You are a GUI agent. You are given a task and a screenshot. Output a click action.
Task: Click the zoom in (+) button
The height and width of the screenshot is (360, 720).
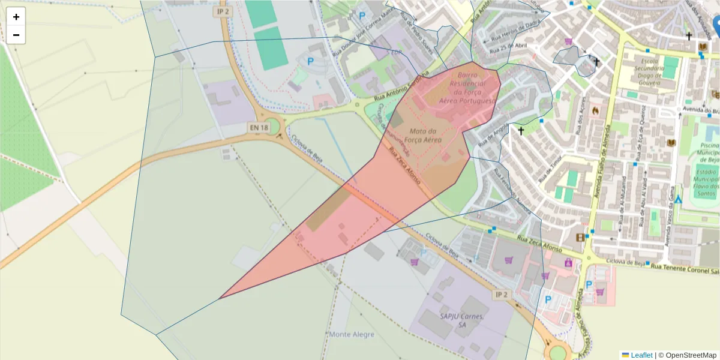[x=16, y=17]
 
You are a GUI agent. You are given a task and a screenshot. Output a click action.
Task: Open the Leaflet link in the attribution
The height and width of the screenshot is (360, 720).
[x=641, y=355]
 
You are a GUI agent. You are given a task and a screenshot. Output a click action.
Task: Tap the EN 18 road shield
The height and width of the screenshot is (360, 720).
[x=257, y=127]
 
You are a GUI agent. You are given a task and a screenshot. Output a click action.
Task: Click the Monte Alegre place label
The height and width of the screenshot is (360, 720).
[x=352, y=334]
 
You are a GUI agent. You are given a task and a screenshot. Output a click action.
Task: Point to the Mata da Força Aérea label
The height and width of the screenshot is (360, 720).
[x=425, y=135]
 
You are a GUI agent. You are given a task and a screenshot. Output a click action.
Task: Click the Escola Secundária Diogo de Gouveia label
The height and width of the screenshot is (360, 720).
[x=653, y=73]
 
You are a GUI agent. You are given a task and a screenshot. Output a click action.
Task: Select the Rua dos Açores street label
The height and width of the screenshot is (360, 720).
[x=580, y=120]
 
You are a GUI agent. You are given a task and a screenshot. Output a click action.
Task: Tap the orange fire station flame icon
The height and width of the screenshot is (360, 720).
[x=595, y=110]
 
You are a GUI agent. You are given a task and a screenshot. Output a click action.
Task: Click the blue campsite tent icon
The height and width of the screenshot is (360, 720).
[x=677, y=199]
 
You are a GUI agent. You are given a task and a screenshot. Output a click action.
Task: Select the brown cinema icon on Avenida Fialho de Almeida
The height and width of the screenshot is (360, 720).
[x=580, y=238]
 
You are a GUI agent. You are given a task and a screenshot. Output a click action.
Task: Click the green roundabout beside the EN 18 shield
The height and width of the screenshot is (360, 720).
[x=273, y=127]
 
